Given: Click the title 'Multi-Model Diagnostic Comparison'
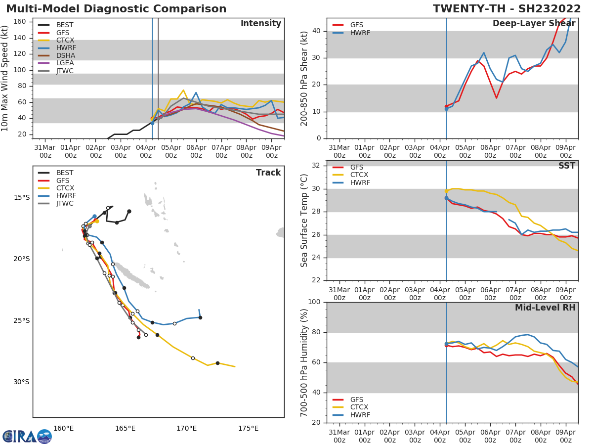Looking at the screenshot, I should pos(116,9).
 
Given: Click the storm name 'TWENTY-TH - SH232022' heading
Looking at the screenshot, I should pos(507,9).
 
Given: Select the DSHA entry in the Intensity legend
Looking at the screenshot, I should pos(65,55).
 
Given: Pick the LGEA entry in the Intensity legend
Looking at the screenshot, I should pos(65,63).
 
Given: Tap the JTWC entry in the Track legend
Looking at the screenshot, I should pos(65,204).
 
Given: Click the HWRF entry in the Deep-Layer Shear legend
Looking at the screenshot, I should pos(360,33).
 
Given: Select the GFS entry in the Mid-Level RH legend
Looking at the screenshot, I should pos(357,400).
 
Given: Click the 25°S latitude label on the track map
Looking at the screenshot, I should pos(21,320).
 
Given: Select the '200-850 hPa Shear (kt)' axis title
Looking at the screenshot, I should pos(305,78).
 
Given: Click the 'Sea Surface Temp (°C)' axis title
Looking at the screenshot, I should pos(305,220).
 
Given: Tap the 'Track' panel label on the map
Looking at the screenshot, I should pos(268,173).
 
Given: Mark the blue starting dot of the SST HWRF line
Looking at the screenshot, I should pos(446,198).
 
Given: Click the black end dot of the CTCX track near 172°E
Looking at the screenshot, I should pos(217,363).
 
